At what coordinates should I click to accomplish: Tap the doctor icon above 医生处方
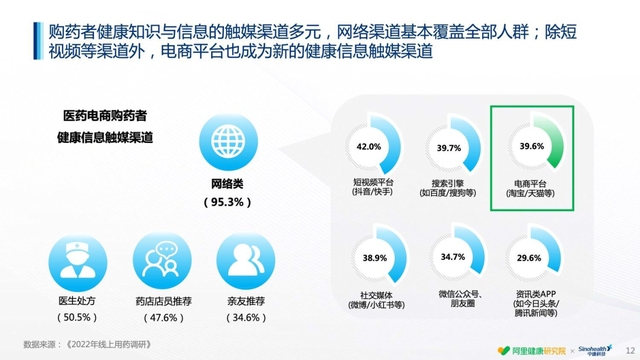[x=75, y=262]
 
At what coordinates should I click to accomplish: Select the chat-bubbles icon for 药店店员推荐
[x=161, y=262]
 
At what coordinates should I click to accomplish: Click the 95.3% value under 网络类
[x=229, y=203]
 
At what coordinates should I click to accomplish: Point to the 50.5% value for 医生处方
[x=75, y=317]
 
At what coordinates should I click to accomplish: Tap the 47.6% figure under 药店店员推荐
[x=161, y=317]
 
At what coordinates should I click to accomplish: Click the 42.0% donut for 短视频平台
[x=369, y=148]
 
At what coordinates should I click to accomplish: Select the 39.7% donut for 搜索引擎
[x=449, y=148]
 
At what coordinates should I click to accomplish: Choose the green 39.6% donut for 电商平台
[x=532, y=146]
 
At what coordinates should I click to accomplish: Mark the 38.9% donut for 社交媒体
[x=374, y=258]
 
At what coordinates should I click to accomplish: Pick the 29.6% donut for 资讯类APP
[x=531, y=258]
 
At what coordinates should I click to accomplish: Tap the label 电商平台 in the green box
[x=532, y=185]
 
